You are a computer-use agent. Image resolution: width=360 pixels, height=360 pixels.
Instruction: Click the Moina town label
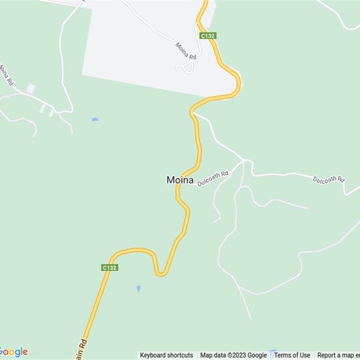(180, 180)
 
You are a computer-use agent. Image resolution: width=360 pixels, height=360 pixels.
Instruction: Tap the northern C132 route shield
(207, 36)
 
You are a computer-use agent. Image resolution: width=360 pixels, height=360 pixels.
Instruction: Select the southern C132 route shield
(109, 267)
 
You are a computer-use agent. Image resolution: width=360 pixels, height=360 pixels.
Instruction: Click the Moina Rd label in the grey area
(186, 51)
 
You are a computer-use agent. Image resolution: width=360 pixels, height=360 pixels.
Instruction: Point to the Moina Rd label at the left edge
(7, 75)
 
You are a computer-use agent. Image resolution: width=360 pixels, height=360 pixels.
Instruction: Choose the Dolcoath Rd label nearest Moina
(213, 178)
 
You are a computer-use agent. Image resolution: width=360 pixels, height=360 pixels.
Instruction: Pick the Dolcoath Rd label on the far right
(328, 179)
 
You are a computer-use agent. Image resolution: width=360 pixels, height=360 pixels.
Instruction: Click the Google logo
(13, 351)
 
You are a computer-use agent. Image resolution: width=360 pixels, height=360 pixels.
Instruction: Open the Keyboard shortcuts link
(166, 355)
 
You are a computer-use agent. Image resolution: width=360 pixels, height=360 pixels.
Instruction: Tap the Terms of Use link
(292, 355)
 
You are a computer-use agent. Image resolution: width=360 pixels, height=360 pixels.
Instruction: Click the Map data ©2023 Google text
(234, 355)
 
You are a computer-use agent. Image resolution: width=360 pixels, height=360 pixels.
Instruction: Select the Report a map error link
(338, 355)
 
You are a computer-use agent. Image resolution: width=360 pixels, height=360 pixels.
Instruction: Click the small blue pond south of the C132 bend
(139, 288)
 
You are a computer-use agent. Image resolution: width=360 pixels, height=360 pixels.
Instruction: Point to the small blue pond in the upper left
(95, 119)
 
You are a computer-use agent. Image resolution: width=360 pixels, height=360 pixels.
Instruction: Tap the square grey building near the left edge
(31, 88)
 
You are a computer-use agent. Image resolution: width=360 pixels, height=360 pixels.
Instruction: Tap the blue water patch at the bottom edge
(272, 352)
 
